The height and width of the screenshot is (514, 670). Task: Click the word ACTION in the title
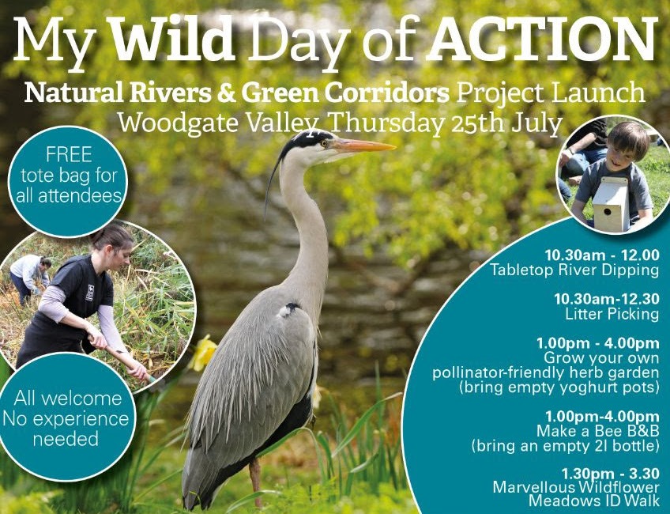543,39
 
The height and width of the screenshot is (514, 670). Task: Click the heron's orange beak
364,146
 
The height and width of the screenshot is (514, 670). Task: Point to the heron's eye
326,143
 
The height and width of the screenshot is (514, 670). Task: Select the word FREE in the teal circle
70,155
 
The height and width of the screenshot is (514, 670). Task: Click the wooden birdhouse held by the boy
611,203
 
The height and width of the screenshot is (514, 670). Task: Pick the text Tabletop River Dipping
574,270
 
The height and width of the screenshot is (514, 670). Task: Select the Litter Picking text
612,314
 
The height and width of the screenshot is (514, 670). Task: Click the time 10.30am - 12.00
602,255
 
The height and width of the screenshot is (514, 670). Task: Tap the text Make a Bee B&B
598,430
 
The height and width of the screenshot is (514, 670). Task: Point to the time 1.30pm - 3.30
610,474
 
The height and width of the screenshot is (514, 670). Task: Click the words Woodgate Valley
218,123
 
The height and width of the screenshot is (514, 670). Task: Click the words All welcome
68,399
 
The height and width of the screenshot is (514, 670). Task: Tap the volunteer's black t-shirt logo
90,293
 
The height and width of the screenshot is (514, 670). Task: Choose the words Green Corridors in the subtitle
345,93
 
